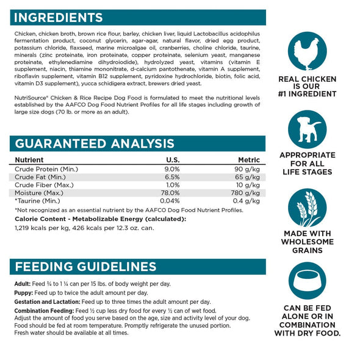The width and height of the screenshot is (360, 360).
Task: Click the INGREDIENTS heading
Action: (x=59, y=17)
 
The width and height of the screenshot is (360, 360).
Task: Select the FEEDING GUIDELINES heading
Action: (x=85, y=267)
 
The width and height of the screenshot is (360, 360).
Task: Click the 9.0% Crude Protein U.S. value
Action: (x=172, y=169)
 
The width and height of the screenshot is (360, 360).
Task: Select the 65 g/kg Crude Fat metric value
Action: (x=248, y=177)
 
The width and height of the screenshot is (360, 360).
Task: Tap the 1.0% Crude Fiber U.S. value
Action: (x=173, y=185)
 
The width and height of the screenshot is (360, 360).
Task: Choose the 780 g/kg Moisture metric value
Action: (x=247, y=193)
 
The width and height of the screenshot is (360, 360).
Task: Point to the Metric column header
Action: (x=249, y=160)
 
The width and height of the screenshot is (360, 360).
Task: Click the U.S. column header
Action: (x=173, y=160)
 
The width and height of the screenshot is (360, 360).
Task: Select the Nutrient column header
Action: (x=29, y=160)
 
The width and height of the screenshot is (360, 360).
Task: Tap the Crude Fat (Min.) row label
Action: (x=41, y=177)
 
